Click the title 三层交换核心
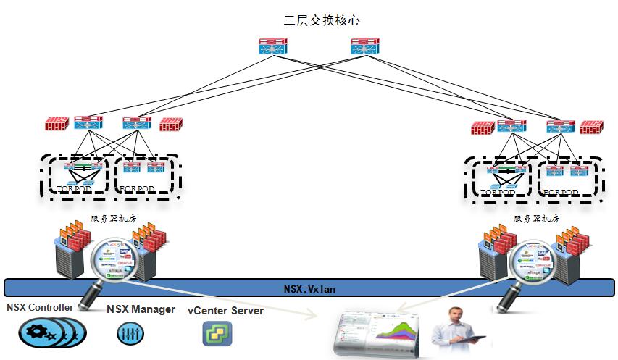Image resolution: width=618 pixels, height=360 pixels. (322, 21)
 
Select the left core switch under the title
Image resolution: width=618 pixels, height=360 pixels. (273, 47)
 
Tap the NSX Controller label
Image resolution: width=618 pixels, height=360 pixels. (40, 307)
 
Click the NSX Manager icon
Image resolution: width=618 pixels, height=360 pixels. (130, 333)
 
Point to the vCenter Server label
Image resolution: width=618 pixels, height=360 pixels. (225, 311)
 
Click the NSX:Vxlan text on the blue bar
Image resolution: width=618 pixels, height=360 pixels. (309, 289)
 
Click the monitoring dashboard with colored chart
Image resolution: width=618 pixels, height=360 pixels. (377, 334)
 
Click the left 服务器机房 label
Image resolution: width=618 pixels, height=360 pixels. (113, 218)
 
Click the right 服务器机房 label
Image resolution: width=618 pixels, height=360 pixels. (537, 218)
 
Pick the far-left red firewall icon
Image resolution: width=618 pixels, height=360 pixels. (57, 123)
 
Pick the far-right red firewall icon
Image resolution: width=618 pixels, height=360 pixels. (591, 127)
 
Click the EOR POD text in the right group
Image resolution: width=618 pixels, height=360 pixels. (561, 193)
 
